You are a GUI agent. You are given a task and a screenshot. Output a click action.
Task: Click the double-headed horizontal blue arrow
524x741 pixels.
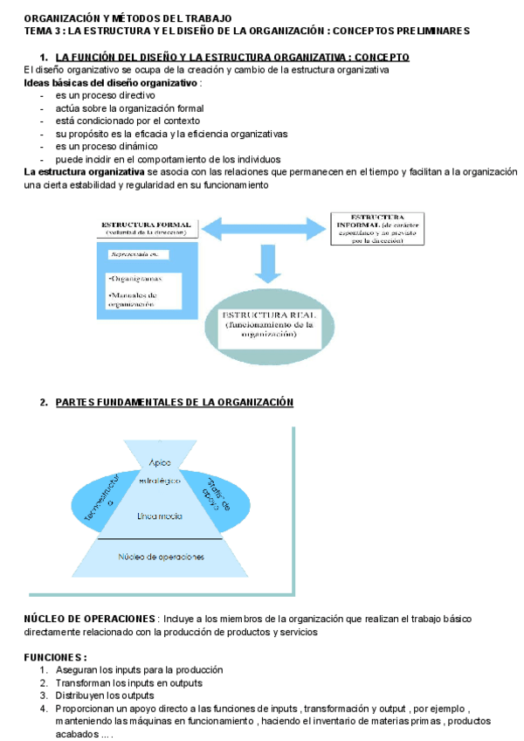(x=264, y=229)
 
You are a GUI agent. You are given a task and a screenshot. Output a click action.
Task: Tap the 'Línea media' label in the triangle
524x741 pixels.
(x=160, y=516)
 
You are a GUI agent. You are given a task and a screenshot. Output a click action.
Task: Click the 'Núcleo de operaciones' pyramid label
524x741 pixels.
(x=161, y=557)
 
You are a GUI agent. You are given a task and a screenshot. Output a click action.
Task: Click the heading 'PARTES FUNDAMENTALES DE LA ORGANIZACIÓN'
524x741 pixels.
(x=174, y=402)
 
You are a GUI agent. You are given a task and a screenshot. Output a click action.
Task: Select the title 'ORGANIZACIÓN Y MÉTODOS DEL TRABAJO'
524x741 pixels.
(x=128, y=17)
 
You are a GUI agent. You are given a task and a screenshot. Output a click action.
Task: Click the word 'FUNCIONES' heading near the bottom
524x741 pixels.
(x=54, y=657)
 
